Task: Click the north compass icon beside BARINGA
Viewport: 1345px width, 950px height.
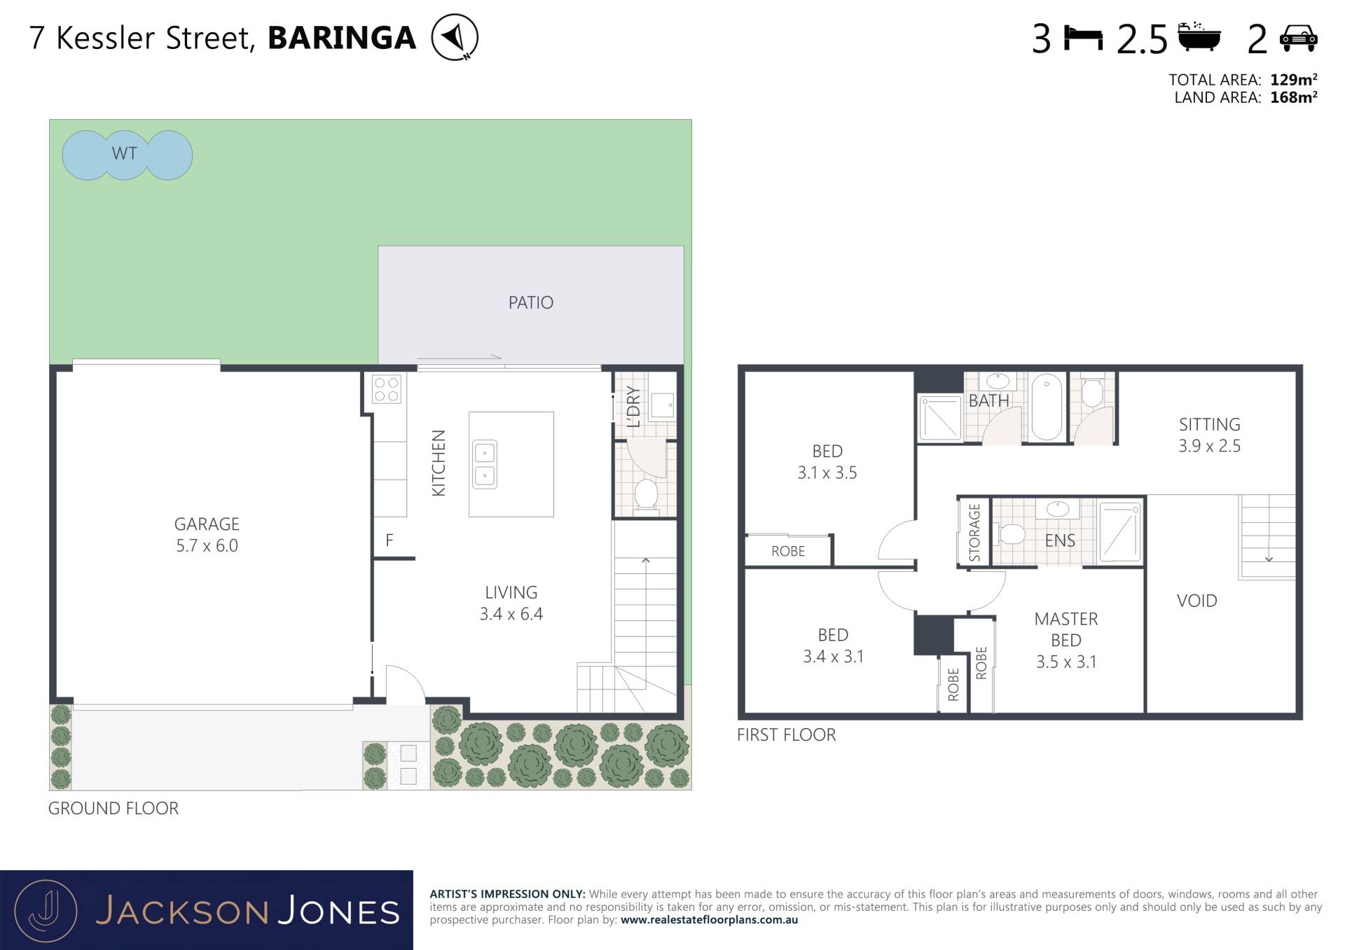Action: point(455,37)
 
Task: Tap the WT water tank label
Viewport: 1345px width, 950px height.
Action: point(124,153)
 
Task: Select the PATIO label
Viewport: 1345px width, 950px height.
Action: point(530,302)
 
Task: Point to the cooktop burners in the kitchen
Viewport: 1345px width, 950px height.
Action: point(386,389)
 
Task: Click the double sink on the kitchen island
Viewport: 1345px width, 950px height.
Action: point(484,464)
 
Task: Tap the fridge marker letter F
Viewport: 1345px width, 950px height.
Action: point(389,540)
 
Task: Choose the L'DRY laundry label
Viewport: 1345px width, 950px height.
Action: point(633,407)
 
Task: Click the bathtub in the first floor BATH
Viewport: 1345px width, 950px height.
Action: point(1047,407)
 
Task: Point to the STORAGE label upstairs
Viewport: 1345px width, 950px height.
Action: point(974,532)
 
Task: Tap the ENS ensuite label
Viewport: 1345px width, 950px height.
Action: point(1059,540)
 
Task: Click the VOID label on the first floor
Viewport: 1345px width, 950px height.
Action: point(1196,601)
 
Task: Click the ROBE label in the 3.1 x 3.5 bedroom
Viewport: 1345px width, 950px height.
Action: point(788,551)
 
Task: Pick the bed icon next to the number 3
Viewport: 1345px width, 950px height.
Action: point(1083,38)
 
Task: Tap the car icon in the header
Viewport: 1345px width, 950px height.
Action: point(1298,38)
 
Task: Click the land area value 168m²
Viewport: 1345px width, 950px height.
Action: point(1293,97)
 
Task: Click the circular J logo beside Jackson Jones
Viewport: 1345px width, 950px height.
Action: point(46,911)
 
